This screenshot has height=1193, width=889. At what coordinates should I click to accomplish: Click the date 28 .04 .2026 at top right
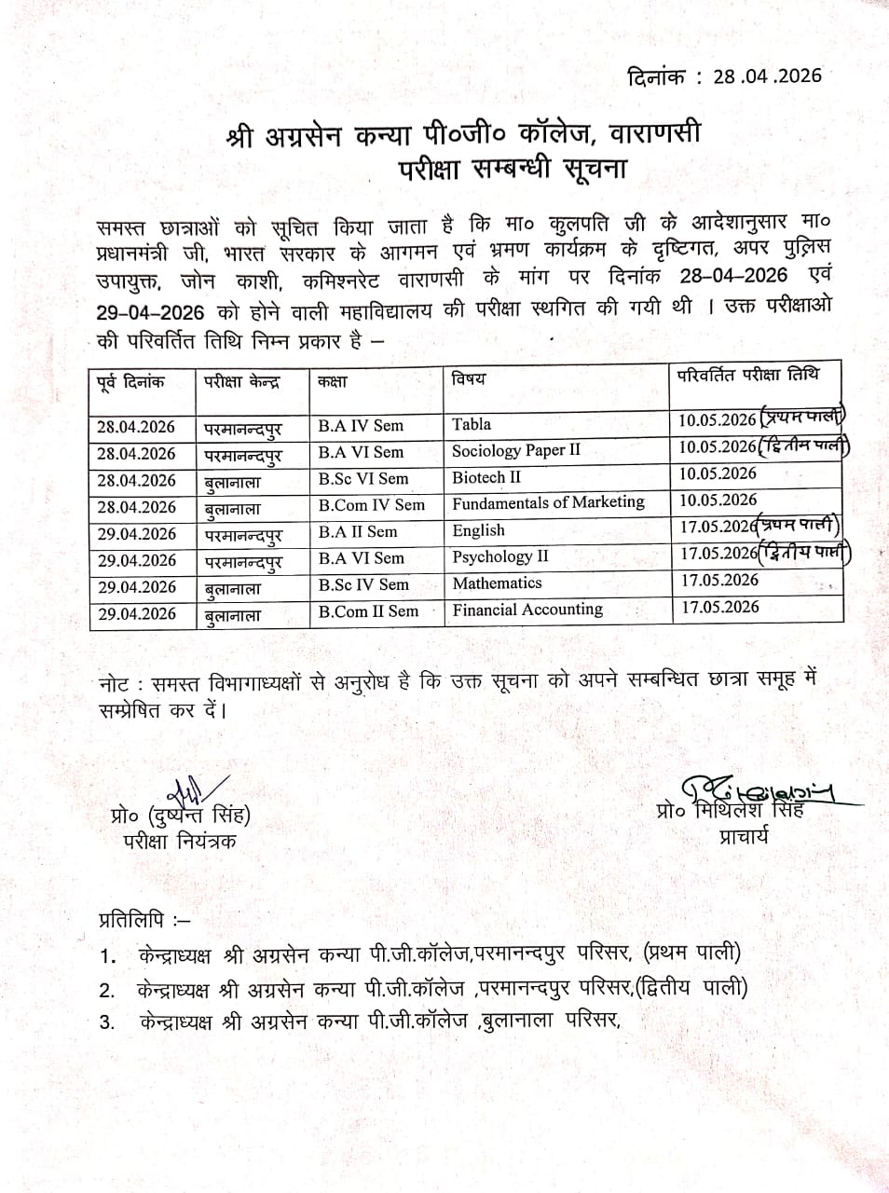click(767, 75)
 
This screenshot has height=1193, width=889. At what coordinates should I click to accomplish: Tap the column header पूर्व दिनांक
click(131, 381)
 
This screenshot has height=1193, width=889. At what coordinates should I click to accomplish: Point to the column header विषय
click(469, 379)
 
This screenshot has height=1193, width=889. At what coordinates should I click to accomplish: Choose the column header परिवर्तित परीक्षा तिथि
click(748, 375)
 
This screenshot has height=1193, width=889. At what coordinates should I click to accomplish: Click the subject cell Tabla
click(472, 424)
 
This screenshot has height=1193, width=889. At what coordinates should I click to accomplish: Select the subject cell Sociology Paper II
click(515, 451)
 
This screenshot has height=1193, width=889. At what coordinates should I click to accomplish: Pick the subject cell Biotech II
click(486, 477)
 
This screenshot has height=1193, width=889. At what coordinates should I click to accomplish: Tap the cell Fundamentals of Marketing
click(548, 502)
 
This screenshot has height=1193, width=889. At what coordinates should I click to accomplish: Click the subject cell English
click(478, 530)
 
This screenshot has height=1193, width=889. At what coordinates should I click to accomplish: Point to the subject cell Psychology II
click(500, 557)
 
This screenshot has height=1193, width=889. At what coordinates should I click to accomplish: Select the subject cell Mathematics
click(497, 583)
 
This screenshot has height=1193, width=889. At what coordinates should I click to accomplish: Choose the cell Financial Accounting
click(527, 610)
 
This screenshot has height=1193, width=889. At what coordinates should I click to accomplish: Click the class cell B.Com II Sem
click(368, 611)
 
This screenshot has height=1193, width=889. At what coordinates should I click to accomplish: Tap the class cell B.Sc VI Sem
click(362, 479)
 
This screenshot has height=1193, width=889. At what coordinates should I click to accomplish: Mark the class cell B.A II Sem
click(357, 532)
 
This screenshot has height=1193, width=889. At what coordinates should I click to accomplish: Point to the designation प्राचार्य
click(744, 836)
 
